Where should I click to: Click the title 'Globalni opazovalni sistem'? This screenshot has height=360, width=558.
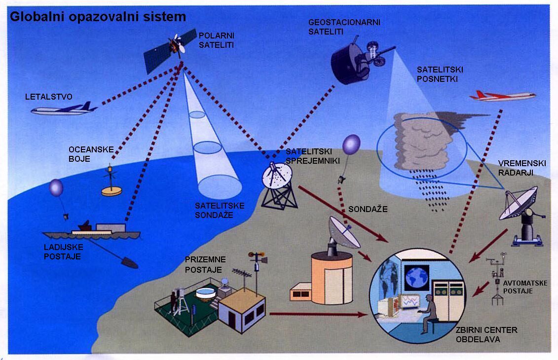(x=98, y=17)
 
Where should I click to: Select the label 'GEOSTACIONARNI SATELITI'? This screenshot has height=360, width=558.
(x=344, y=27)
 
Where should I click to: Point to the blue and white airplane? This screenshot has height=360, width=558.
(x=64, y=109)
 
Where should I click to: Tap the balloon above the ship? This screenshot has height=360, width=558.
(x=56, y=188)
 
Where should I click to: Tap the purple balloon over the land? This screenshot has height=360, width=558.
(x=351, y=144)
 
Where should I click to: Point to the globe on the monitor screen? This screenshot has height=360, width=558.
(x=417, y=277)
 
